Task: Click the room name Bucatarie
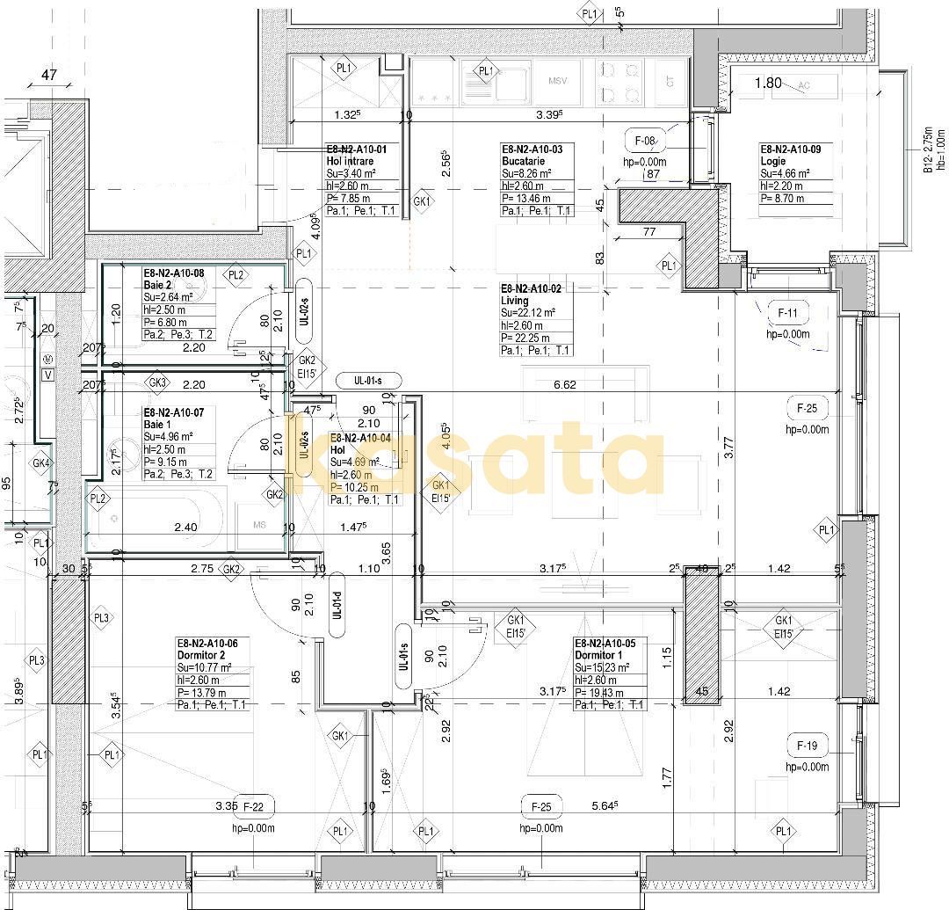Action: pos(523,162)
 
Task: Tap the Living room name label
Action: pos(515,301)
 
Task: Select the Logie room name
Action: pos(773,162)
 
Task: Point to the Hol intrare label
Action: pos(350,162)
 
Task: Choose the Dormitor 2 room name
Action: pos(207,655)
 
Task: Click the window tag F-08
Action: pos(645,141)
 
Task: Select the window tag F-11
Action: pos(787,313)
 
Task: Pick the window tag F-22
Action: pos(254,806)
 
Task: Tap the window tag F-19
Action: pos(807,746)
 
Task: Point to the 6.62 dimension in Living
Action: pos(564,384)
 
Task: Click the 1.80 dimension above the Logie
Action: pos(768,84)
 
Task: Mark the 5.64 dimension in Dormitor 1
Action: pos(605,804)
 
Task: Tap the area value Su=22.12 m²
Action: pos(528,313)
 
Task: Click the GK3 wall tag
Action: pos(158,383)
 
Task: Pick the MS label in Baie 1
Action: pos(260,525)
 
